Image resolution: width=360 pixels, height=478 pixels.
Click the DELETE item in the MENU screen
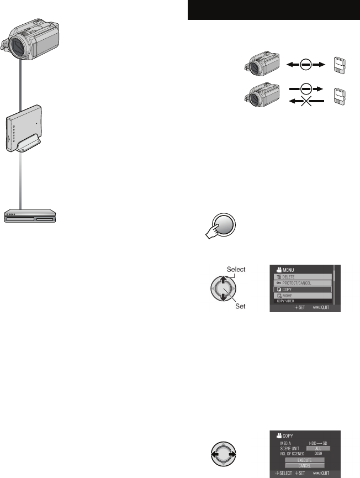coord(300,277)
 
